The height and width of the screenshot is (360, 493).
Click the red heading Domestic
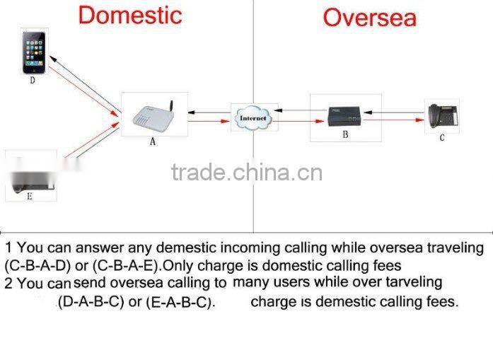pos(130,16)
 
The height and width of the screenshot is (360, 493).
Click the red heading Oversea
pos(370,18)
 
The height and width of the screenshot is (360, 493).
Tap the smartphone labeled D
pos(34,52)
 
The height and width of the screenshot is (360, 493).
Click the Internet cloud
pos(253,118)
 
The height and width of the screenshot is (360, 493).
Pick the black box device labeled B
pos(344,117)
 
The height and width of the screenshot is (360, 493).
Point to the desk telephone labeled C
pos(443,116)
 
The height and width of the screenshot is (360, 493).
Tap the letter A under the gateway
pos(153,141)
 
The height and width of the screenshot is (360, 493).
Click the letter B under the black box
pos(345,134)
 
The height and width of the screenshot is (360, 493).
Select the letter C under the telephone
pos(442,137)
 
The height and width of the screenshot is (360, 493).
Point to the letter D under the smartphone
pos(33,81)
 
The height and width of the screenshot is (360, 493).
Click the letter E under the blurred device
pos(30,197)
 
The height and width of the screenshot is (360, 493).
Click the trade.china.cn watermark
pos(247,173)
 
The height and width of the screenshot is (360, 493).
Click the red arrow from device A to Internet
pos(209,121)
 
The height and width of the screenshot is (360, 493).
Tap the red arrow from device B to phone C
pos(394,120)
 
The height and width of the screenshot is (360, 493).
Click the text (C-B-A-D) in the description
pos(37,266)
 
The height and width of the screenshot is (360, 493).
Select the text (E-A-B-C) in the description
pos(181,302)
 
